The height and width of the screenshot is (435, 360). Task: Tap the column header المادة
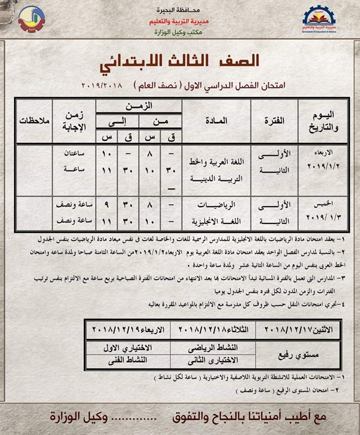[216, 120]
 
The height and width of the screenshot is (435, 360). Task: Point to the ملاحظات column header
[34, 120]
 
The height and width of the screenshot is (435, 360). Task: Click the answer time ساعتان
[75, 155]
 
